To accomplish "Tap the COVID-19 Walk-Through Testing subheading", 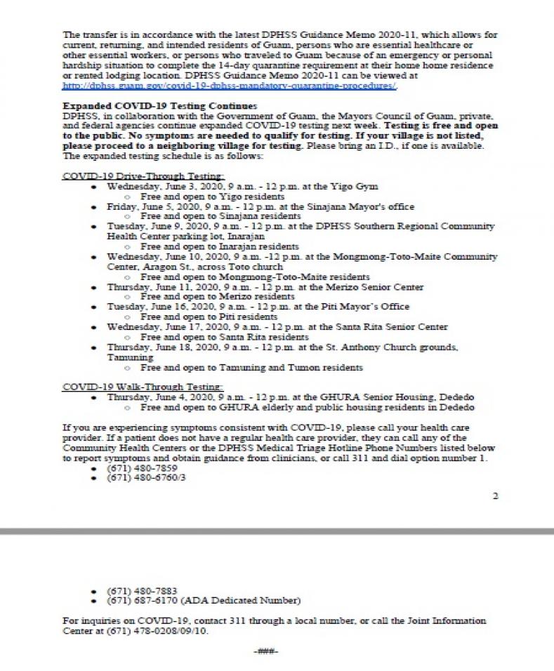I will click(x=143, y=387).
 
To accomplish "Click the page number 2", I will click(x=495, y=496).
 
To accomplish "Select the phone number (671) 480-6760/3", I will click(x=141, y=477).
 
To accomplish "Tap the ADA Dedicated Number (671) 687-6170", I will click(x=204, y=600).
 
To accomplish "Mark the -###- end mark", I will click(x=266, y=652).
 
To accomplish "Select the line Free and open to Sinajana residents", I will click(x=220, y=216).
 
